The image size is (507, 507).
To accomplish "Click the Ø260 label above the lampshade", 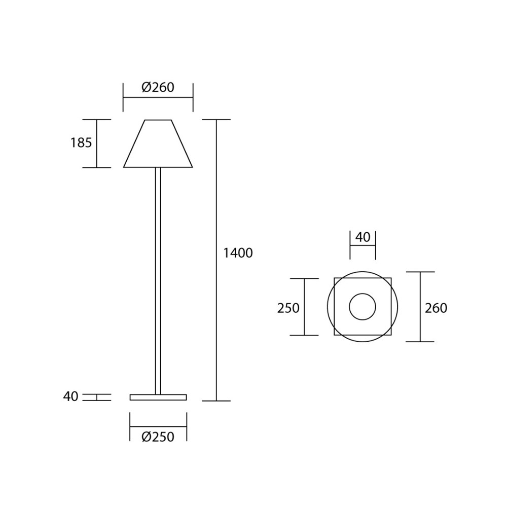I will click(158, 87).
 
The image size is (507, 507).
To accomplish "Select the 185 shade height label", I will click(81, 143).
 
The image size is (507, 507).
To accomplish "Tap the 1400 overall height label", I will click(238, 253).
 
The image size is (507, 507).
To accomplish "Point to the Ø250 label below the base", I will click(158, 437).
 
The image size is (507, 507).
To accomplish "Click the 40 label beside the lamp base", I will click(71, 396).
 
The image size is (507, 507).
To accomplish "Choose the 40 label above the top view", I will click(363, 237).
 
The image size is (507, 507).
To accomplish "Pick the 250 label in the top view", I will click(288, 308).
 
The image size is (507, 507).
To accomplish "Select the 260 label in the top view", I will click(436, 308).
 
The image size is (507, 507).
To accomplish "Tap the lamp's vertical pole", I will click(158, 279).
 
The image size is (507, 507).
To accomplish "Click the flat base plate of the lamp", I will click(158, 397).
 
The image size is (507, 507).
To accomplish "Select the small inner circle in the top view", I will click(363, 307).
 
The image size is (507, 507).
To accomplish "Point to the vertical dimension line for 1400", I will click(216, 330).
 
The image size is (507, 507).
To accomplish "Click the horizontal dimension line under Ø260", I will click(158, 97).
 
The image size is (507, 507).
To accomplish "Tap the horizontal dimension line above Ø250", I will click(158, 426).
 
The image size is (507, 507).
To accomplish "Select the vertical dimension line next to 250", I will click(304, 324).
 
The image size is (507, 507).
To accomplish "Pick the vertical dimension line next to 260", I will click(420, 324).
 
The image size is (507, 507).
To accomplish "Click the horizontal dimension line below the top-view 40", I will click(363, 245).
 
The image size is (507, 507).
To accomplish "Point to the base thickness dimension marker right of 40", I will click(97, 397).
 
